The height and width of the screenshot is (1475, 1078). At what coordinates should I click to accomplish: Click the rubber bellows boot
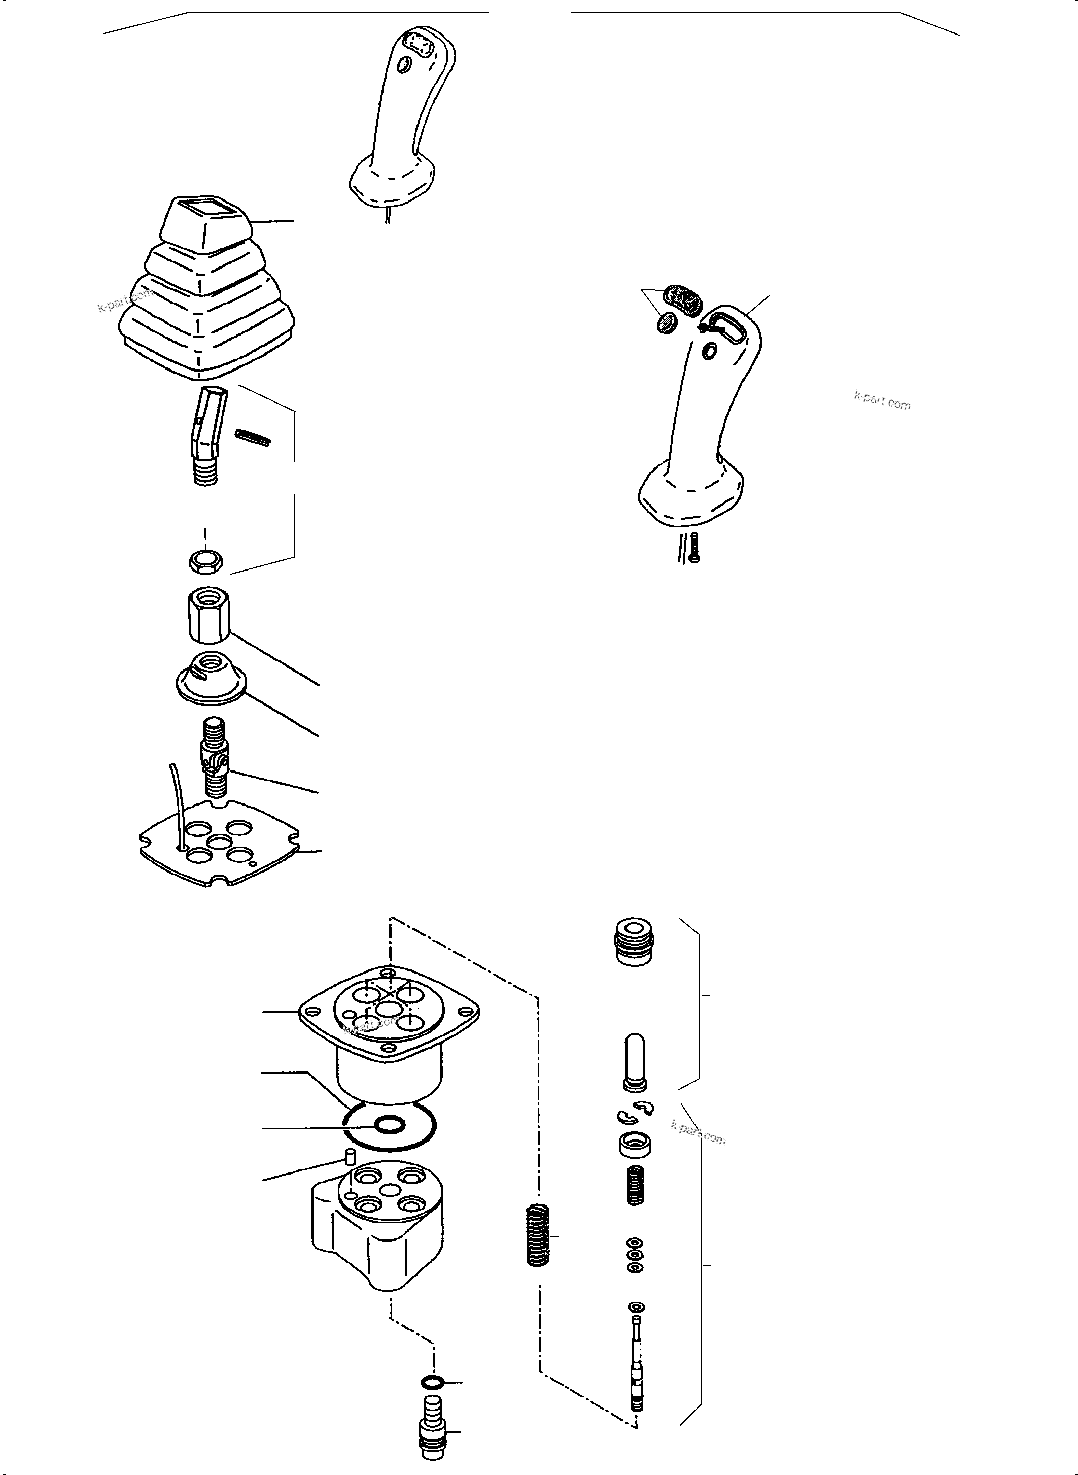point(205,300)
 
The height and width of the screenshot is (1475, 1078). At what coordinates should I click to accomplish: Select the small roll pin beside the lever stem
point(253,438)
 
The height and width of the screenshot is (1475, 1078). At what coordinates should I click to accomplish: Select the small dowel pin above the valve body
point(349,1158)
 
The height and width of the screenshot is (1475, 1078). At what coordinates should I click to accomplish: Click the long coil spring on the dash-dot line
point(538,1236)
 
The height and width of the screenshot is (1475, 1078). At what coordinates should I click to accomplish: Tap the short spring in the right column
point(636,1186)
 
